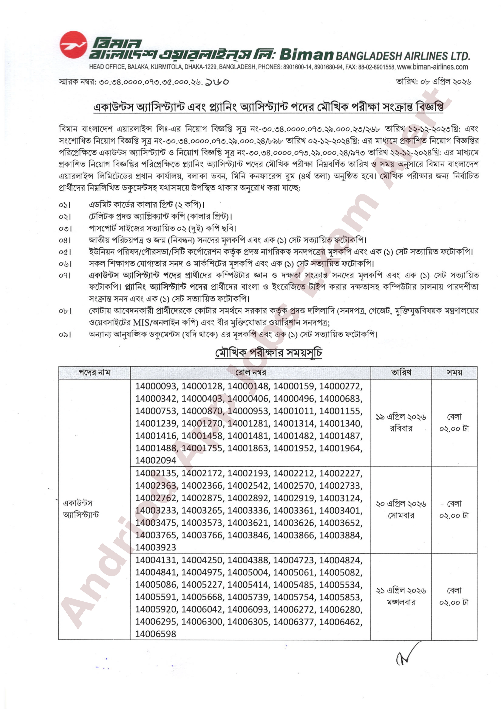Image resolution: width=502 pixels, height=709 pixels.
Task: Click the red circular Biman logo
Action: [73, 45]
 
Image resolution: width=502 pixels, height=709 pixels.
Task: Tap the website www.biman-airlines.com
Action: [432, 67]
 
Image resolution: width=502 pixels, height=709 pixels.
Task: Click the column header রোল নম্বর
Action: [250, 373]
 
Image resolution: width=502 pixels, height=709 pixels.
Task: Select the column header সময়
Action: [454, 373]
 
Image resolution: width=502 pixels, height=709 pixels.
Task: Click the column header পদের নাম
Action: [94, 373]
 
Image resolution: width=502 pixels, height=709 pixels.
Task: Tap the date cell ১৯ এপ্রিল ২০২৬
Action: [401, 417]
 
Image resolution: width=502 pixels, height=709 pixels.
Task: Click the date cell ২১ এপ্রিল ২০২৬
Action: [401, 591]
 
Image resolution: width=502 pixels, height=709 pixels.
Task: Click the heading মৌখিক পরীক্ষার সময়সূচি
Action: [269, 353]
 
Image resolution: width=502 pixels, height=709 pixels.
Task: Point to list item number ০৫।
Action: [65, 252]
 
